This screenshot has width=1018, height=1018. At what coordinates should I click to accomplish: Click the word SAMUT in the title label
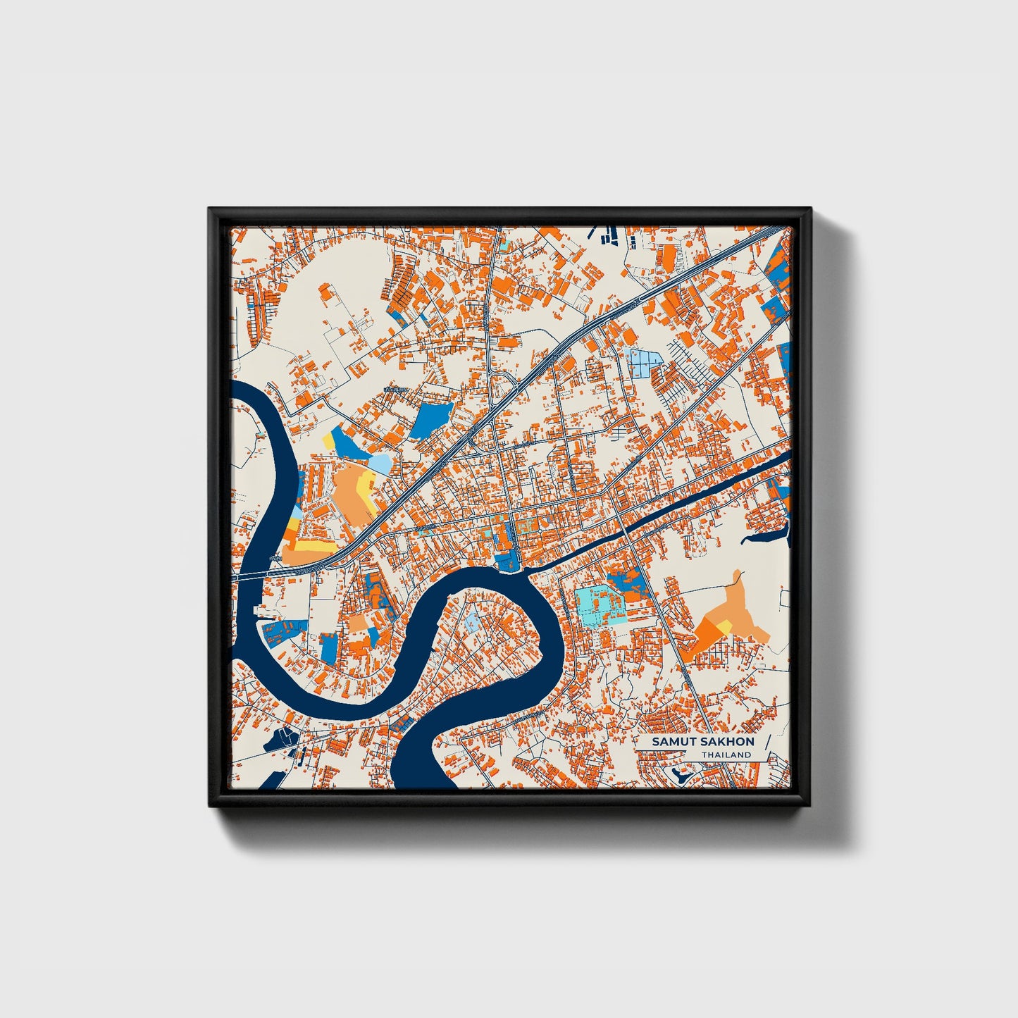click(x=670, y=742)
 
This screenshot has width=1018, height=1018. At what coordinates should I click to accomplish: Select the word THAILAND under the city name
click(x=726, y=755)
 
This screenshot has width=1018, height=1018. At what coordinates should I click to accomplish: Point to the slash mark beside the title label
click(x=766, y=746)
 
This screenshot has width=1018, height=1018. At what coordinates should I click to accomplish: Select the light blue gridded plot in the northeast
click(x=642, y=362)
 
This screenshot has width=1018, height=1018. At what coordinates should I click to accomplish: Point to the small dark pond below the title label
click(x=681, y=776)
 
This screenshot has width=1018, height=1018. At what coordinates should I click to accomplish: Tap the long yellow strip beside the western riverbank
click(x=310, y=545)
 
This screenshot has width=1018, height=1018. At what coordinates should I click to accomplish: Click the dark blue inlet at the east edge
click(x=768, y=539)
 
